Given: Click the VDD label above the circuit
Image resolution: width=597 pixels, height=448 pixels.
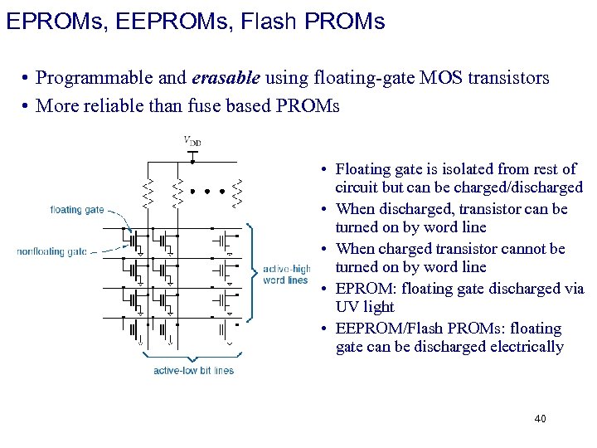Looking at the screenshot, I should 192,142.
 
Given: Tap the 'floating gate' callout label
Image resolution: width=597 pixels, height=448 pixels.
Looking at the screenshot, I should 77,210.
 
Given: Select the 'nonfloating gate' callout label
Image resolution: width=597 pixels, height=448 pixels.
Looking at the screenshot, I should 52,251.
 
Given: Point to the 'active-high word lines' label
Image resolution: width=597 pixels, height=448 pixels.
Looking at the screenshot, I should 285,274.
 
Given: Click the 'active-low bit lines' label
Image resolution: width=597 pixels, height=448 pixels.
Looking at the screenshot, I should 194,371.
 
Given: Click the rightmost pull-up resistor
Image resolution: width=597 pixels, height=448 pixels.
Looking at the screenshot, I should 238,192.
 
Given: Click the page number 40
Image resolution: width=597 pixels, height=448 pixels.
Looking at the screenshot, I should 540,419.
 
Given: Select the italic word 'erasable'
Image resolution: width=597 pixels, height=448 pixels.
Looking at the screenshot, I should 226,78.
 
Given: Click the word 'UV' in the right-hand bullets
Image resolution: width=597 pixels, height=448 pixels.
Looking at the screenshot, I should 348,307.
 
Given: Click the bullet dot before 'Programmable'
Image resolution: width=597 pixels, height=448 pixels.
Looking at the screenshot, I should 27,79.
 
